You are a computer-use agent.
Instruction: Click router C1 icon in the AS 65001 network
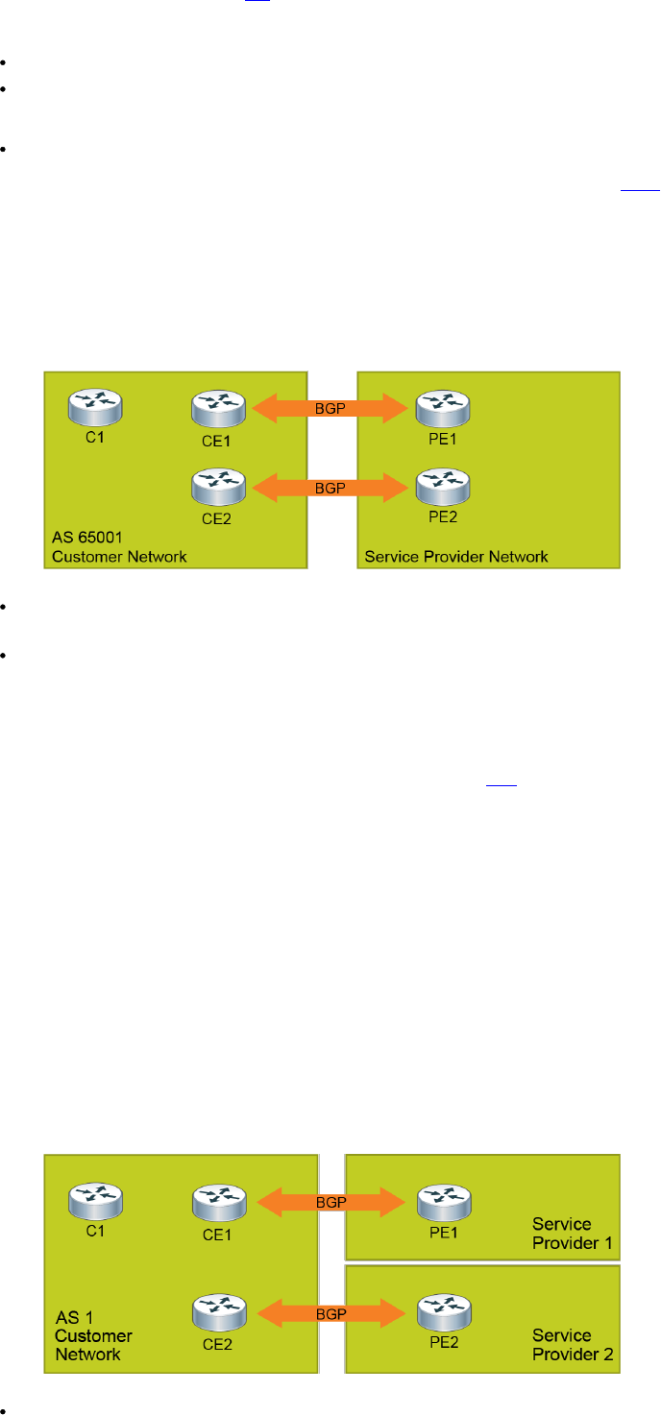tap(95, 407)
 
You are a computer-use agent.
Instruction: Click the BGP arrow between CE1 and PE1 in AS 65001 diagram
tap(331, 409)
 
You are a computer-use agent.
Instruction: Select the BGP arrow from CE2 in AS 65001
tap(331, 487)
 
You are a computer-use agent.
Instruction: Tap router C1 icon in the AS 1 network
tap(95, 1199)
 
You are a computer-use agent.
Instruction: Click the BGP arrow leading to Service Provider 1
tap(331, 1201)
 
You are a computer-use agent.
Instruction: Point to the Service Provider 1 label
tap(574, 1234)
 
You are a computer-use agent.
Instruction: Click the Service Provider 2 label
tap(574, 1344)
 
